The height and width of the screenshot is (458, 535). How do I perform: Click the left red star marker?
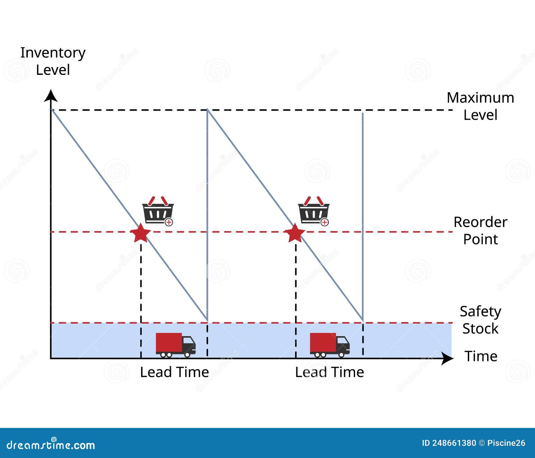click(140, 233)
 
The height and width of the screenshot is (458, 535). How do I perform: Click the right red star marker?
click(295, 233)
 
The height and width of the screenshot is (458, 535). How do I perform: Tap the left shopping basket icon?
click(157, 211)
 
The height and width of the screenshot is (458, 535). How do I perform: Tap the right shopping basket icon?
click(313, 211)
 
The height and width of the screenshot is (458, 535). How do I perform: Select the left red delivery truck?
click(175, 345)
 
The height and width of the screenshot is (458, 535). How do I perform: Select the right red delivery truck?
click(329, 345)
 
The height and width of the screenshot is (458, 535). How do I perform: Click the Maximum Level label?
click(480, 106)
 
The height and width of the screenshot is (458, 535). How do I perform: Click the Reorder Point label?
click(480, 231)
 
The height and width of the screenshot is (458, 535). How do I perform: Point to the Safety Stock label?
click(480, 320)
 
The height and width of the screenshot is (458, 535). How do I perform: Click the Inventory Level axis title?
click(53, 61)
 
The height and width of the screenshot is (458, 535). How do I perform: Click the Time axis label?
click(481, 356)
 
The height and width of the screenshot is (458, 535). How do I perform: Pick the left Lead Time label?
click(174, 372)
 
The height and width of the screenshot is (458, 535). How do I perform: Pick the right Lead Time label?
click(329, 372)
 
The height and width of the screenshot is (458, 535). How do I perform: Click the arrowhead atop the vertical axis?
click(51, 96)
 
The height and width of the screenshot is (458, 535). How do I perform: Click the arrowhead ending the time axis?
click(447, 358)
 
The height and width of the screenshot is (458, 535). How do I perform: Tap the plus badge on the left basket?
click(169, 222)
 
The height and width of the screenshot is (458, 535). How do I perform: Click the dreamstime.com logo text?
click(51, 445)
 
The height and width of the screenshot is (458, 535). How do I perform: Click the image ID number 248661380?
click(454, 443)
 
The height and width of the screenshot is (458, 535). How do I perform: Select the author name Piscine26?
click(506, 443)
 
